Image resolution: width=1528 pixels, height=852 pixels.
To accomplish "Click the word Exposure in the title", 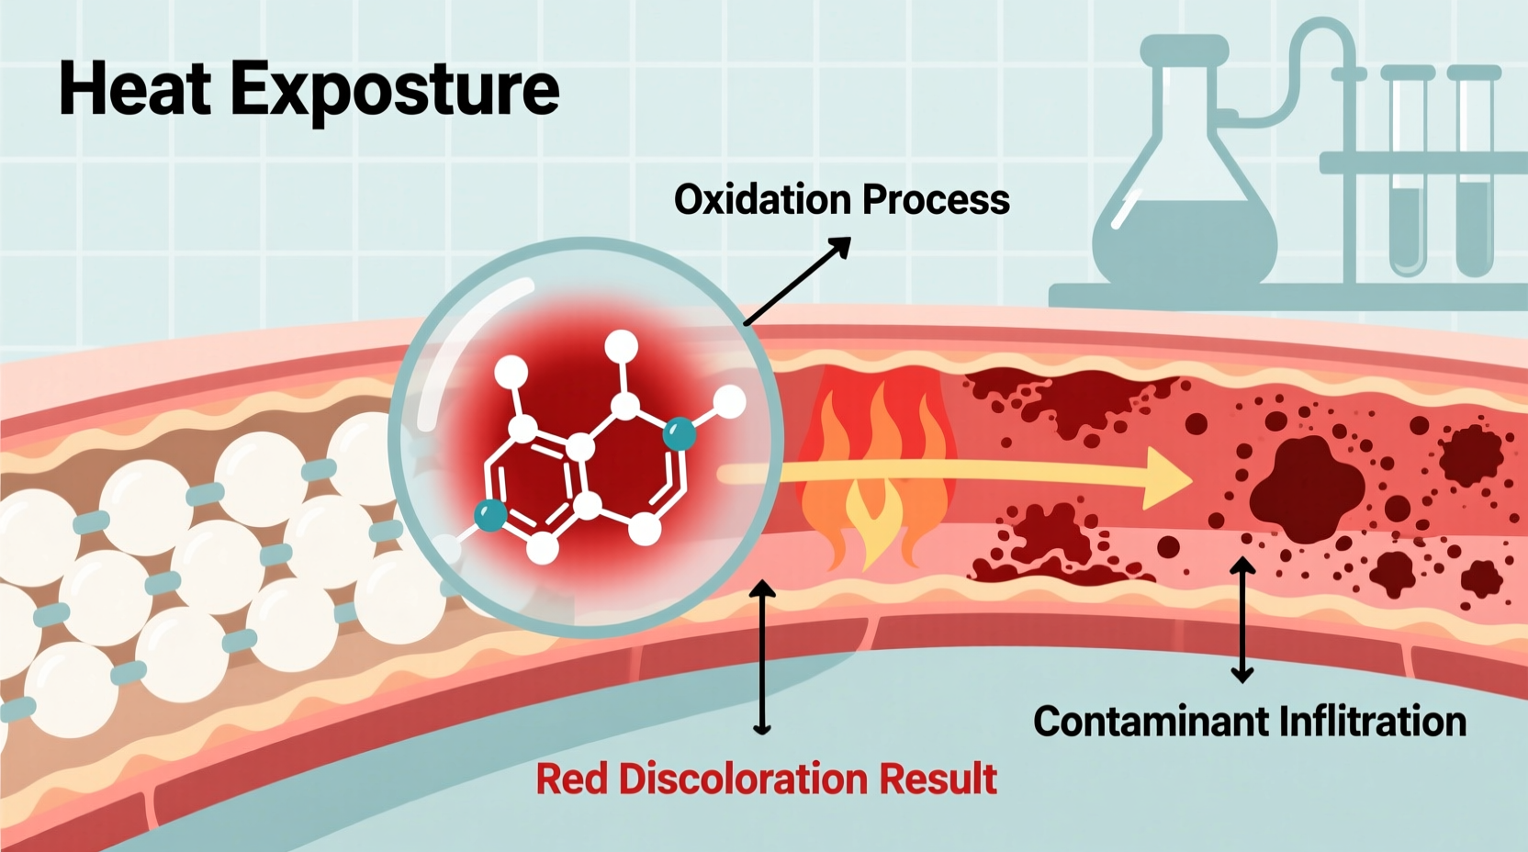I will click(395, 91).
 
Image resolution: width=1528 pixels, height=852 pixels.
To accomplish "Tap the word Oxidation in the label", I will click(762, 200).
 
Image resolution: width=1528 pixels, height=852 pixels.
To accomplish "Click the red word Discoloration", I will click(743, 779).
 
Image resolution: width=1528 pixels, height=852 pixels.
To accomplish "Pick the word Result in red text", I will click(938, 779).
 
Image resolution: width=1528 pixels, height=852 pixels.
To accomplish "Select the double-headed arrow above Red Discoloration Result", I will click(761, 657).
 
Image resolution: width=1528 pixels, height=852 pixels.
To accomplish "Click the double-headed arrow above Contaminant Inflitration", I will click(1242, 620).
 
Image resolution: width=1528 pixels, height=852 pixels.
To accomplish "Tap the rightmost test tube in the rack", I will click(1474, 174).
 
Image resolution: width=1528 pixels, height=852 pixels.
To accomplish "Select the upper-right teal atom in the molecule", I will click(680, 432).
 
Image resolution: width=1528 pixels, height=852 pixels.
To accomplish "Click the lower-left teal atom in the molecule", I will click(490, 515).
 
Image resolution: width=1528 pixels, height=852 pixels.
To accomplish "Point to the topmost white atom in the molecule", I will click(622, 347).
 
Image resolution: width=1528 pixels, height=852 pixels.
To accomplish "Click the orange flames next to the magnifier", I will click(872, 477).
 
